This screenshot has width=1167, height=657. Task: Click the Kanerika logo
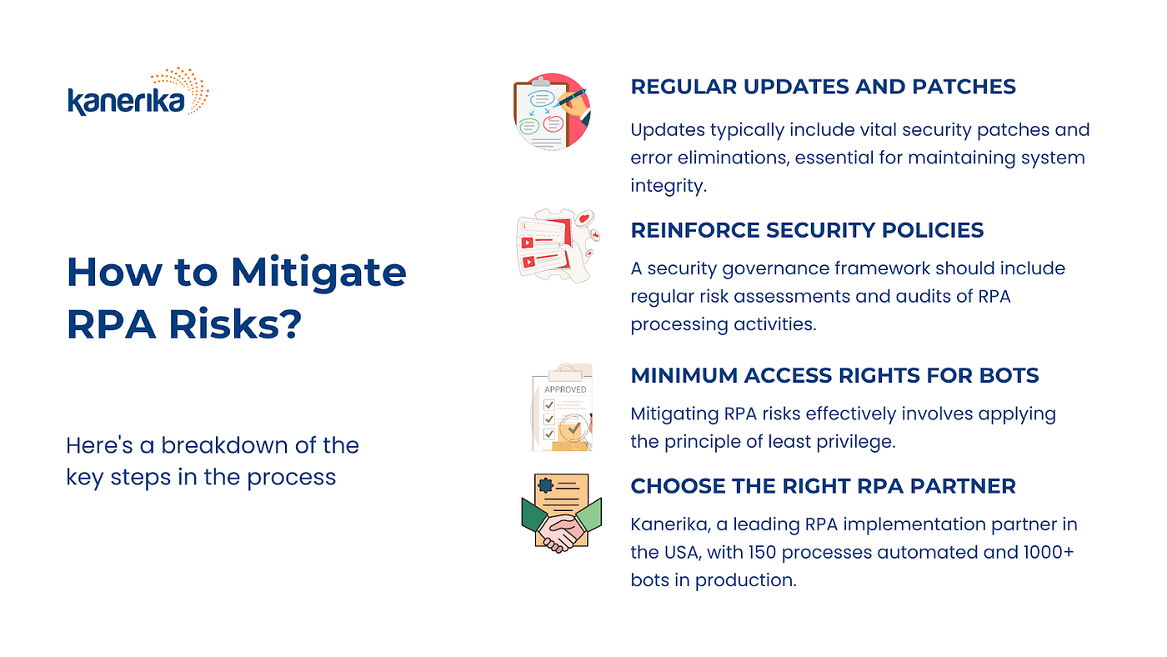[138, 92]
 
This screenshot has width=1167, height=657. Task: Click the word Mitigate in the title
[318, 273]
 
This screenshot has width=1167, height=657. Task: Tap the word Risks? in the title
[235, 324]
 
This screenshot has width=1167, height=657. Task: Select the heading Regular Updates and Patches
[824, 87]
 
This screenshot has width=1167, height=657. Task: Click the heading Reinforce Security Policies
[807, 230]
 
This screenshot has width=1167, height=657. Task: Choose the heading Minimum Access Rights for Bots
[834, 375]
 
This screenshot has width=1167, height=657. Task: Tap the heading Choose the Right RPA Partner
[824, 485]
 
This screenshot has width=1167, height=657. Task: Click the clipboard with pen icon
[552, 112]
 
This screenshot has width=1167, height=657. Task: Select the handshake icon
[562, 514]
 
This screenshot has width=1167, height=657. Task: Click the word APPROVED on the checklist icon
[565, 389]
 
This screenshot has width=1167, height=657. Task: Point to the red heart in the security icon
[584, 218]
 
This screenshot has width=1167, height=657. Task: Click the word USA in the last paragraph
[682, 552]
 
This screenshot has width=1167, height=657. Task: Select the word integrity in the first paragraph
[669, 186]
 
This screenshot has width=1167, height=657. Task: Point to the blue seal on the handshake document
[545, 485]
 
